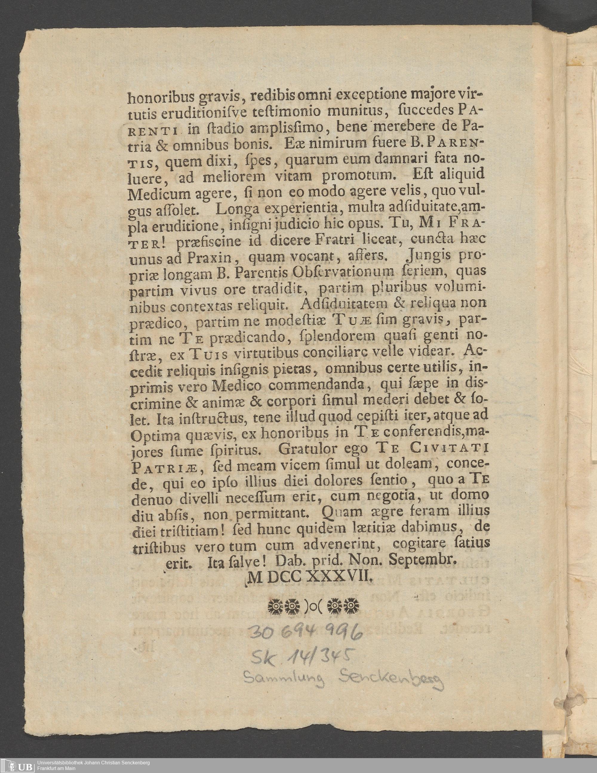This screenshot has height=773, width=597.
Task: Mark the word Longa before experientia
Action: (233, 210)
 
